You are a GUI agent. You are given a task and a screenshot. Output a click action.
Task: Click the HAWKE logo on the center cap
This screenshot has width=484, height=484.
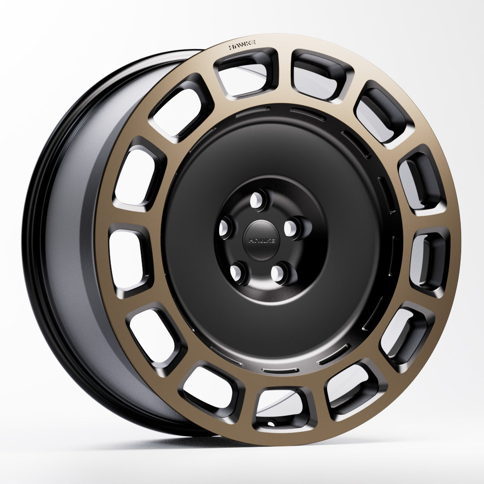tap(260, 240)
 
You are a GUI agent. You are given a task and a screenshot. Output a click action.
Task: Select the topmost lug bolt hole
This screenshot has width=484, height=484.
tap(257, 198)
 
